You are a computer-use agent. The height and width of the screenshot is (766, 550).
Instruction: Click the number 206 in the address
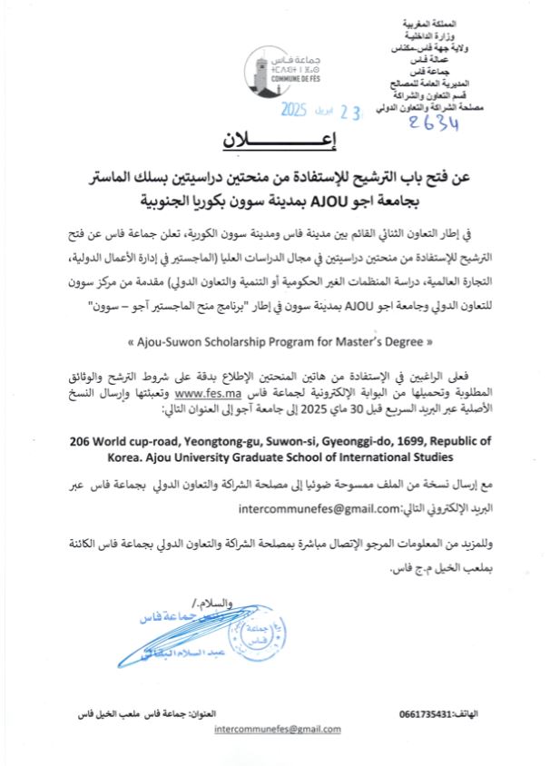81,440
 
